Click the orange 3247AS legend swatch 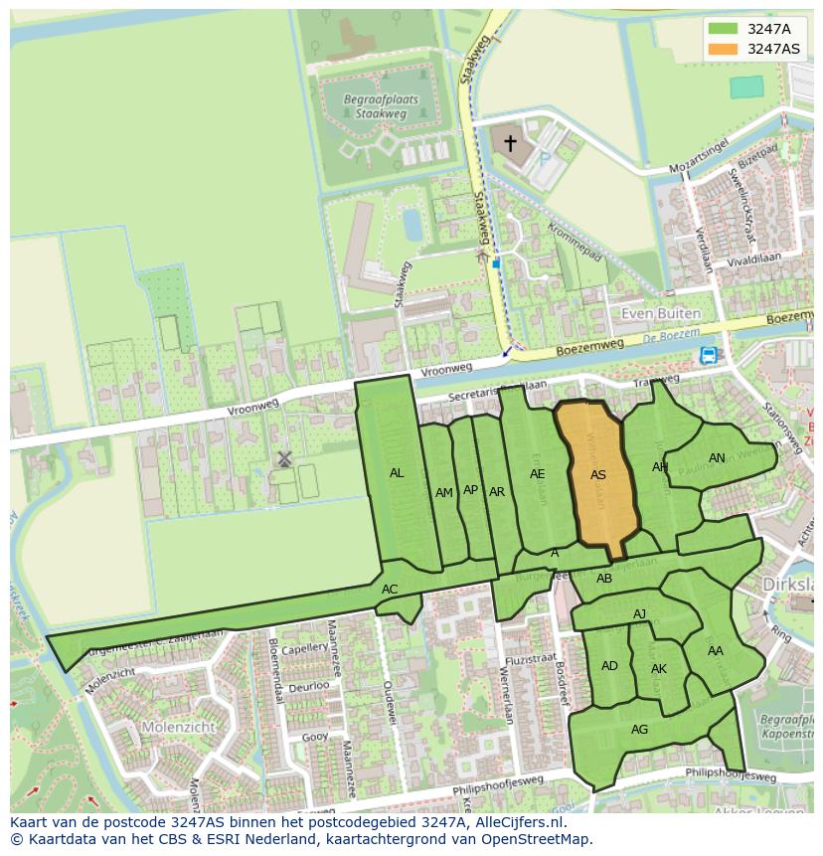tap(724, 49)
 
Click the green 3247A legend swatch tap(724, 29)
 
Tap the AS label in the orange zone tap(598, 475)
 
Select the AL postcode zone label tap(397, 473)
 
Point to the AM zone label tap(444, 492)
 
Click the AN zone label tap(717, 458)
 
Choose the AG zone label tap(639, 730)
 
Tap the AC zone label tap(390, 590)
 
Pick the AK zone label tap(659, 669)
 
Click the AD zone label tap(609, 666)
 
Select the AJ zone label tap(640, 614)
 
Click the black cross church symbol tap(510, 144)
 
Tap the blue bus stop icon tap(708, 355)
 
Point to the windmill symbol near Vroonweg tap(284, 458)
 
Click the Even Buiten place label tap(661, 313)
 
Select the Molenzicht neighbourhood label tap(150, 727)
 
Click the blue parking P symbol tap(544, 157)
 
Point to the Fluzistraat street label tap(528, 658)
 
